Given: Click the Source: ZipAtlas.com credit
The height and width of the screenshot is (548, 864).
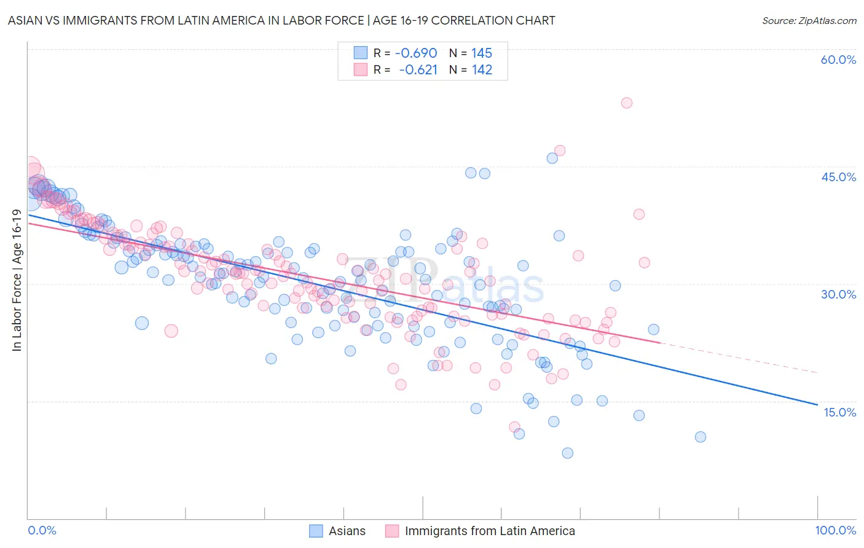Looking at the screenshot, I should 809,20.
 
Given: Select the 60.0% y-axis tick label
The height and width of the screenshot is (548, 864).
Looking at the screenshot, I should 838,60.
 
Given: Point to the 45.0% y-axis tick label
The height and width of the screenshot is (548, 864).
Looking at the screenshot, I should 838,177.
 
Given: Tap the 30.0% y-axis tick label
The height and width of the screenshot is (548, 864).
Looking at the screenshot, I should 838,294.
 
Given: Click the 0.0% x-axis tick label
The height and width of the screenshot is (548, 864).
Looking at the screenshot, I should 42,530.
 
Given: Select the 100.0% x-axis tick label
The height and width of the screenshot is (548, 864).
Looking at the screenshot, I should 835,530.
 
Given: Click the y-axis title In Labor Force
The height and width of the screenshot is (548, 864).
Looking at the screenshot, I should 17,281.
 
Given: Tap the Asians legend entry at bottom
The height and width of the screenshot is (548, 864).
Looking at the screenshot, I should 347,531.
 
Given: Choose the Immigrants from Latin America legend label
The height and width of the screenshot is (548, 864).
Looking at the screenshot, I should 490,531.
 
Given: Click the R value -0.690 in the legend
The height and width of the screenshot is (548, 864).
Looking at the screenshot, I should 416,53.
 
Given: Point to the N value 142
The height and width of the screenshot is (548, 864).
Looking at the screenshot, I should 482,70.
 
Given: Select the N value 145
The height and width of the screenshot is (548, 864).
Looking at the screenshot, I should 482,53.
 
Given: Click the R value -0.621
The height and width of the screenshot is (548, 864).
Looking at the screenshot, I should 418,70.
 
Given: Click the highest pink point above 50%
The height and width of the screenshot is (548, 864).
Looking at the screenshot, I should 626,103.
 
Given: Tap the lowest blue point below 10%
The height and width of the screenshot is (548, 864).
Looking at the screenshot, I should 567,453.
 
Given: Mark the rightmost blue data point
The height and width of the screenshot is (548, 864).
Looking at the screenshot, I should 700,437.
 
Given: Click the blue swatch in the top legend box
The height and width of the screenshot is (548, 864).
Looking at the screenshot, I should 360,53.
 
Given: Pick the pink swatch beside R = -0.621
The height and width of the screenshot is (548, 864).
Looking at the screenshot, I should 360,70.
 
